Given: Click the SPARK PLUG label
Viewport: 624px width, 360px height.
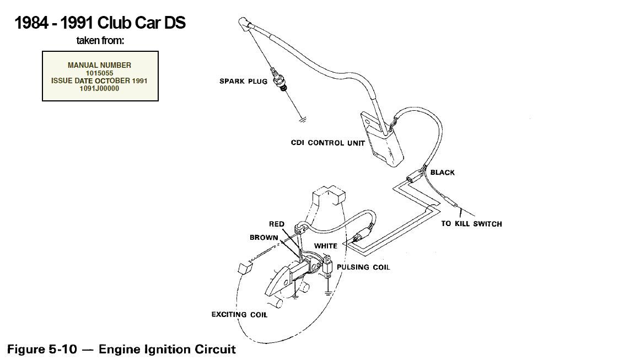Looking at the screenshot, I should click(243, 81).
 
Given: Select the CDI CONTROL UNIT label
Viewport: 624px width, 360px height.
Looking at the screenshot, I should click(328, 143).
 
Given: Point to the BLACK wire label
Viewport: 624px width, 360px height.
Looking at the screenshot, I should click(443, 173).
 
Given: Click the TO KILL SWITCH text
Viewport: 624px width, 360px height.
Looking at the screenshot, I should click(471, 224).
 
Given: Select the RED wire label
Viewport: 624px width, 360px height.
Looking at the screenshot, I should click(276, 224).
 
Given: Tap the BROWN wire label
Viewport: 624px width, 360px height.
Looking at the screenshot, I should click(263, 238).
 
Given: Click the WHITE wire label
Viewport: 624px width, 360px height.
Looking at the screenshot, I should click(325, 245).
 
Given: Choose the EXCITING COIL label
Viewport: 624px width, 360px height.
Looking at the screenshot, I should click(239, 315).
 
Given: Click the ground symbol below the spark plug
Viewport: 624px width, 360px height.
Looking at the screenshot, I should click(301, 118).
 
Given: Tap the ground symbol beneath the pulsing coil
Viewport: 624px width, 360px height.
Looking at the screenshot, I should click(328, 293).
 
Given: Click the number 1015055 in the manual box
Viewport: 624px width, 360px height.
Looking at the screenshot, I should click(100, 73).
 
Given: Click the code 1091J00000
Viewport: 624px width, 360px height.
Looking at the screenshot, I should click(100, 88).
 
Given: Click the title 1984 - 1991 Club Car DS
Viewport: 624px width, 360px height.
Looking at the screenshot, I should click(100, 23).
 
